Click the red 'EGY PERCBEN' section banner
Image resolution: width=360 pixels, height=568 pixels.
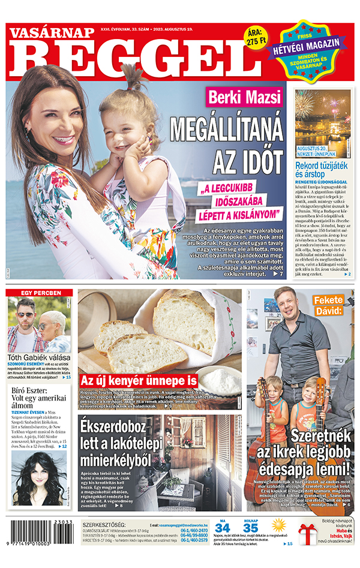41,293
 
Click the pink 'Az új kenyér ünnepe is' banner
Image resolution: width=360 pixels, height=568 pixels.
139,380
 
